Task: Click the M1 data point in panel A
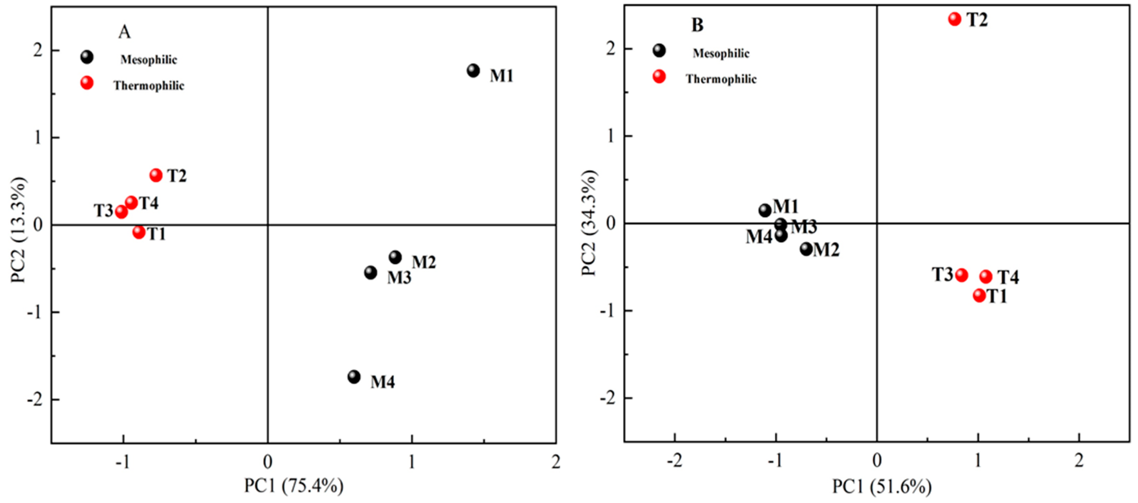473,71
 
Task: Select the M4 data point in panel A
354,377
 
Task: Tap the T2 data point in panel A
156,175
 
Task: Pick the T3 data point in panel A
121,212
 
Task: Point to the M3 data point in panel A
371,272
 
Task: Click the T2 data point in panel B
955,19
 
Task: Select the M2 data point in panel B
806,249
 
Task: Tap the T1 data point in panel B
979,295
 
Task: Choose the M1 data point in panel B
765,210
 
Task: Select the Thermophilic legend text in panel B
721,79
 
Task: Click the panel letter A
124,32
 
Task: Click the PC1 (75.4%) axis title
294,486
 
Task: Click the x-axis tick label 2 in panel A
556,462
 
